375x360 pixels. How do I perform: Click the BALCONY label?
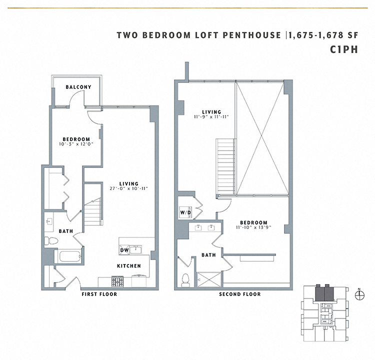click(78, 87)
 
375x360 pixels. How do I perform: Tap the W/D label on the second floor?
click(185, 212)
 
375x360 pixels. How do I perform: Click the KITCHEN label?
click(129, 266)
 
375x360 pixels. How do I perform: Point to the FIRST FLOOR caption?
click(99, 294)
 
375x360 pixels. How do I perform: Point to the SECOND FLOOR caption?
click(240, 294)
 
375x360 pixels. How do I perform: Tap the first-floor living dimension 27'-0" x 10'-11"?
click(129, 188)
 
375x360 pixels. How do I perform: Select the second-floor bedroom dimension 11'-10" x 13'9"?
click(253, 227)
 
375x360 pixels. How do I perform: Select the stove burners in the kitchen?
click(107, 281)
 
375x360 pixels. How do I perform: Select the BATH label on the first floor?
click(65, 231)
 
